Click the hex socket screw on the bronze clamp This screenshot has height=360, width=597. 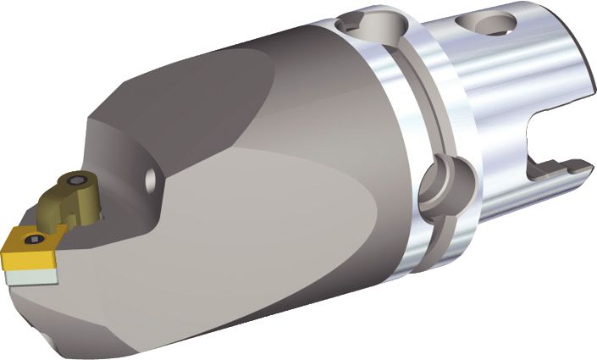click(77, 181)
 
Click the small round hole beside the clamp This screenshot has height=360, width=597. click(150, 179)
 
